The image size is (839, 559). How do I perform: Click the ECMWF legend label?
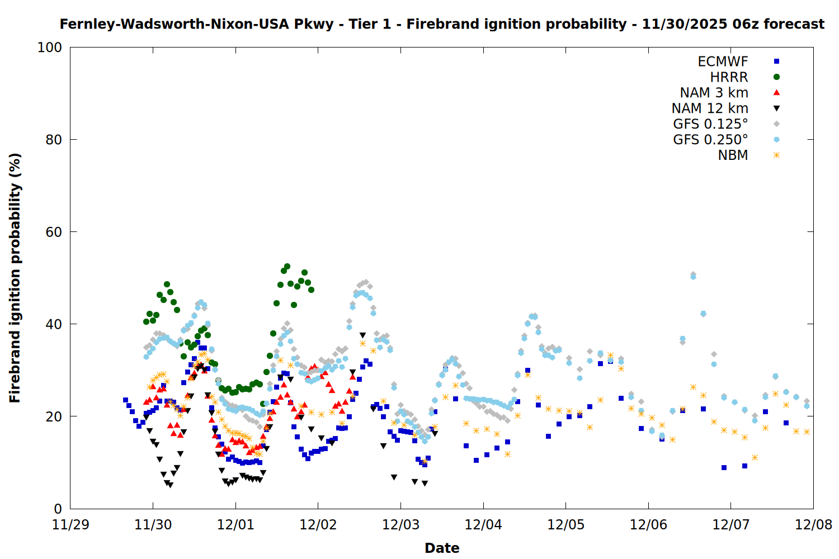pos(723,61)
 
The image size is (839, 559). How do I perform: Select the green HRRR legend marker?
pos(776,77)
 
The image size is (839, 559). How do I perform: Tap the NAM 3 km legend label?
pos(714,93)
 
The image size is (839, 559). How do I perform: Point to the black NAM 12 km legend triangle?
pos(776,108)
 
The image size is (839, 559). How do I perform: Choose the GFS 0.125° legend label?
pos(710,124)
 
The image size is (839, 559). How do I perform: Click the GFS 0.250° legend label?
pos(710,140)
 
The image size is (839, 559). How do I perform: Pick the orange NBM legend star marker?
pos(776,155)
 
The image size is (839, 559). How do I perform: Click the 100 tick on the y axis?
pos(50,48)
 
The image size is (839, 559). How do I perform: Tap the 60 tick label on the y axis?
pos(54,232)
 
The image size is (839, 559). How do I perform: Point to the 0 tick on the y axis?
pos(58,509)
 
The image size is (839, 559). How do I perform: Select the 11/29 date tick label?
pos(70,525)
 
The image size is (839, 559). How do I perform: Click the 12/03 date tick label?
pos(400,525)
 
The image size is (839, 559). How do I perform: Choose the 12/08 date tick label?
pos(813,525)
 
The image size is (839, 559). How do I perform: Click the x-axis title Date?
pos(442,548)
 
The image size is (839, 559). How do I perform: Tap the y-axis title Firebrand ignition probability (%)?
pos(15,278)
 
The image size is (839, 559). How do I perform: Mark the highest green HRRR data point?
pos(287,267)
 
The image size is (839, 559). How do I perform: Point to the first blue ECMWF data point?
pos(125,400)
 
